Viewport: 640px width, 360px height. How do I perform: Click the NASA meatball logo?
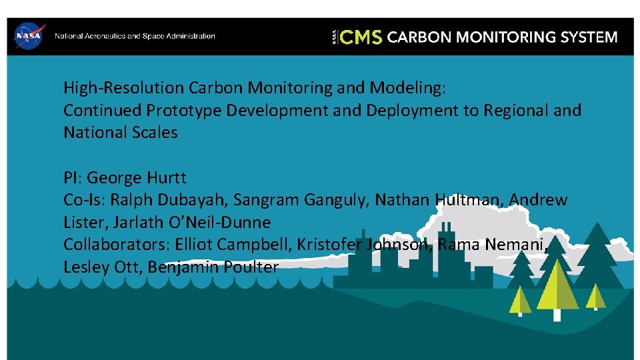pyautogui.click(x=29, y=36)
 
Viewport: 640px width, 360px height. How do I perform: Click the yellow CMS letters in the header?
pyautogui.click(x=361, y=37)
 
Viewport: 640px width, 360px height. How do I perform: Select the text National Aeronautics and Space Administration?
pyautogui.click(x=135, y=36)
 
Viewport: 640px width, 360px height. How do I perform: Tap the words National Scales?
pyautogui.click(x=121, y=133)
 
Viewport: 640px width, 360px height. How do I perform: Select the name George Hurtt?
pyautogui.click(x=137, y=178)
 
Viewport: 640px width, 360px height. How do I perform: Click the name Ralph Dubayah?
pyautogui.click(x=172, y=200)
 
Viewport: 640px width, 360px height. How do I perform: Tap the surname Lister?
pyautogui.click(x=83, y=223)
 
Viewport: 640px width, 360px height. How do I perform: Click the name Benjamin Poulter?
pyautogui.click(x=213, y=267)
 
